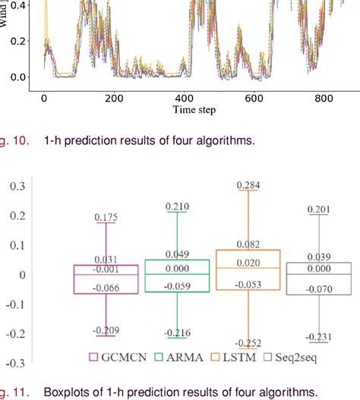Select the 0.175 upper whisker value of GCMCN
(x=106, y=218)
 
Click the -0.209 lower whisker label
(x=106, y=329)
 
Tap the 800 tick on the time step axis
(x=326, y=98)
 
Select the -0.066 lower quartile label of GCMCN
(x=106, y=288)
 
